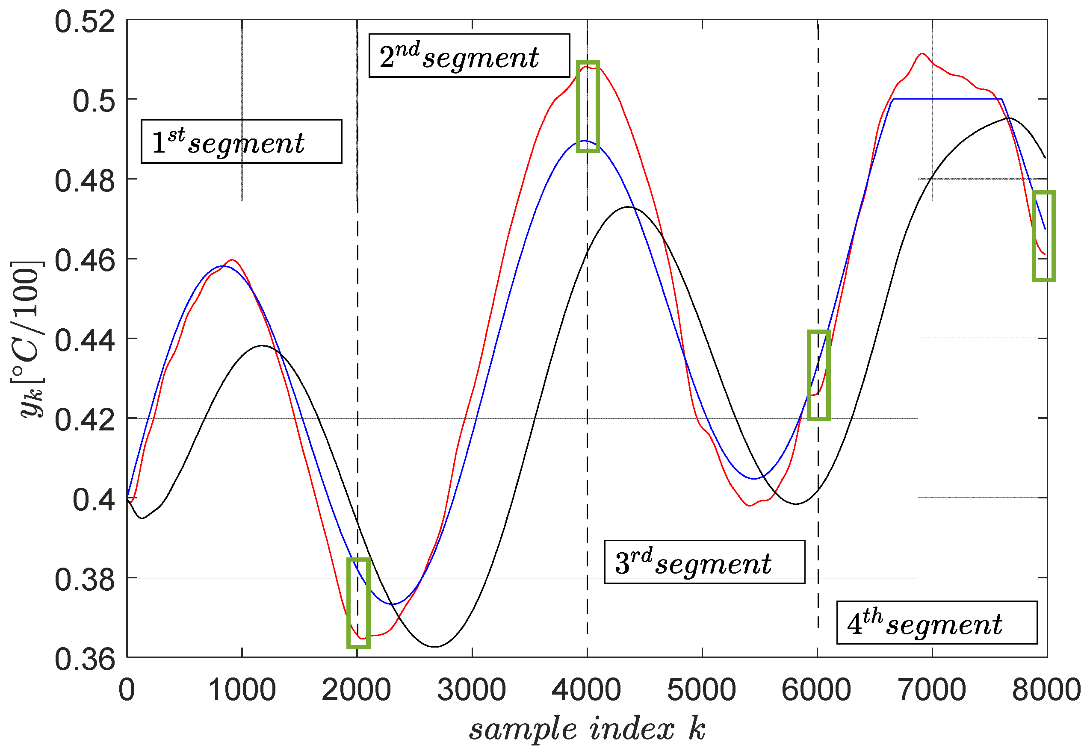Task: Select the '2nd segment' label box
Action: click(x=469, y=55)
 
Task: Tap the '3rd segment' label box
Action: click(x=704, y=562)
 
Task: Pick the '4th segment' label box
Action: click(x=937, y=622)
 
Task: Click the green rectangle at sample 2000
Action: click(x=358, y=603)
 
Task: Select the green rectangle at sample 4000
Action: click(x=588, y=106)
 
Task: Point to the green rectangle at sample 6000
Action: click(x=818, y=375)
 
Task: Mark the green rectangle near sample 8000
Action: click(x=1043, y=236)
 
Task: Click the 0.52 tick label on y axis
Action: click(x=85, y=22)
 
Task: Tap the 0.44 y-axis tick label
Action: click(x=85, y=340)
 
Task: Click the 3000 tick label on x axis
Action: click(x=471, y=690)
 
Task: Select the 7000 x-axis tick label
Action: click(x=931, y=690)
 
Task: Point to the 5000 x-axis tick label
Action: click(x=701, y=690)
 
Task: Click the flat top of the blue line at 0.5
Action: click(x=945, y=99)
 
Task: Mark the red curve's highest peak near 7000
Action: click(x=922, y=53)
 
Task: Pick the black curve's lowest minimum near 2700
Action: click(x=435, y=646)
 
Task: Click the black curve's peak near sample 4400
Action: click(x=629, y=206)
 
